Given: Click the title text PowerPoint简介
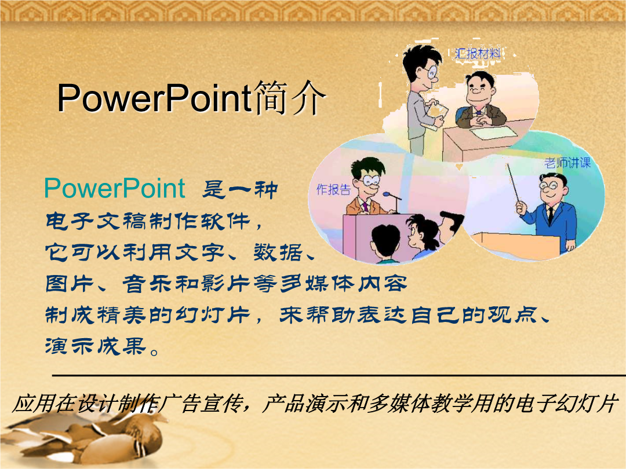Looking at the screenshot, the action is click(x=191, y=98).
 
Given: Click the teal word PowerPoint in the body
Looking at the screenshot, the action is click(x=115, y=188).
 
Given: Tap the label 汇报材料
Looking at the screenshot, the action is click(x=478, y=53).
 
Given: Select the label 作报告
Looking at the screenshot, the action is click(x=333, y=189).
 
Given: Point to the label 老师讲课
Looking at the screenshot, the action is click(x=567, y=163).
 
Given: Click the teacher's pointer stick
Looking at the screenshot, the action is click(x=514, y=184).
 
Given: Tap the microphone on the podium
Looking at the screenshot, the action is click(x=392, y=196).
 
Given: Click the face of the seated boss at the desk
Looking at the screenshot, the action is click(x=479, y=91).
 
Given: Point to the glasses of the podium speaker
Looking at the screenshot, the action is click(x=372, y=180).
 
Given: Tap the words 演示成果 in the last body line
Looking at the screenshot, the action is click(x=95, y=346).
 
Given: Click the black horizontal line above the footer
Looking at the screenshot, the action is click(x=339, y=375).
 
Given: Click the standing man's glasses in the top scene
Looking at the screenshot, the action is click(x=432, y=72).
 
